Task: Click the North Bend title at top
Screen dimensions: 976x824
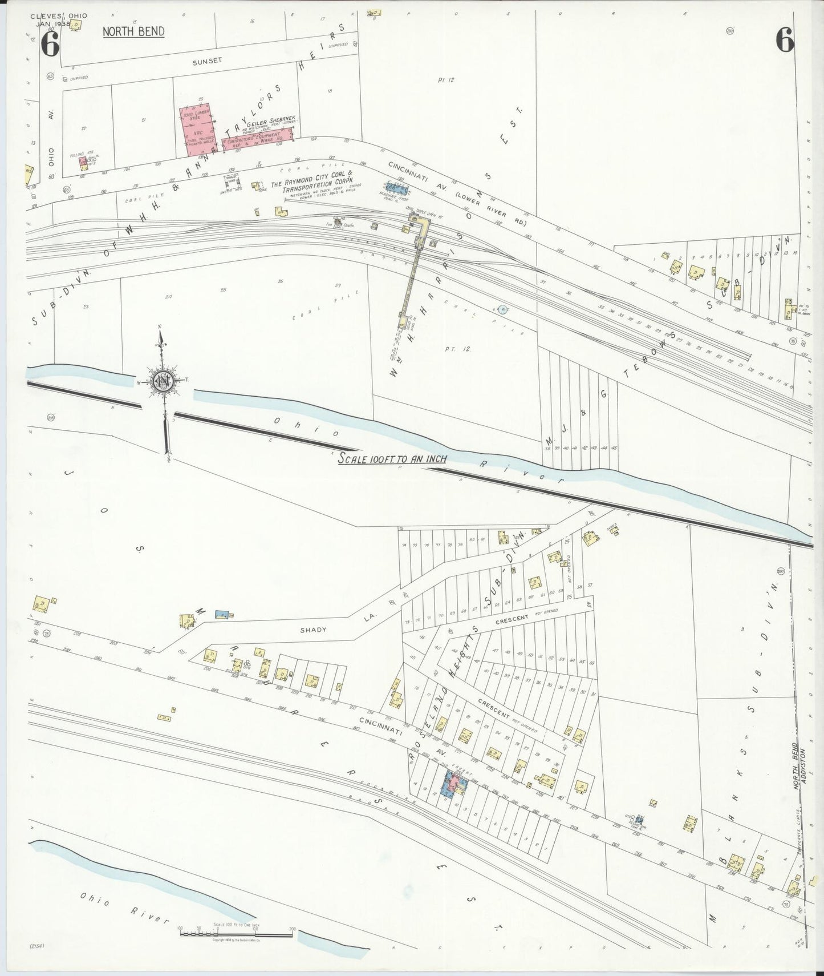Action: point(133,31)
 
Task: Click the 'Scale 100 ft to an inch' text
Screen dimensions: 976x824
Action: point(392,458)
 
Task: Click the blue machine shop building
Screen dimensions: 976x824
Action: point(394,187)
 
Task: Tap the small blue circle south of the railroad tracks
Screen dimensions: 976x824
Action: point(502,309)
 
